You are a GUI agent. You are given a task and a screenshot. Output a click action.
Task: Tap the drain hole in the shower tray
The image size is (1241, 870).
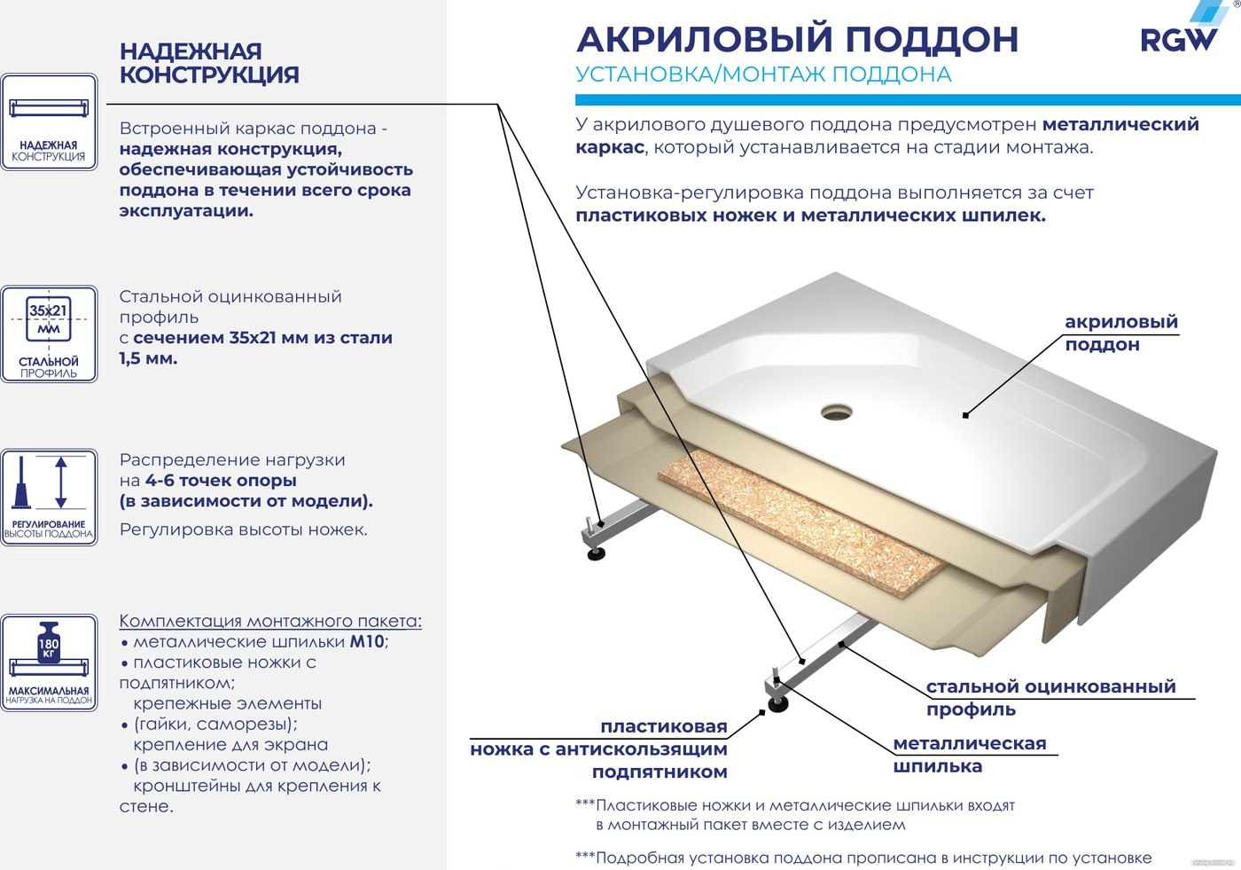coord(836,411)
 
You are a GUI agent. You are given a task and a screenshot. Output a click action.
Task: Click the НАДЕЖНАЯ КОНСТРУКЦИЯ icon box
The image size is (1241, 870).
coord(49,121)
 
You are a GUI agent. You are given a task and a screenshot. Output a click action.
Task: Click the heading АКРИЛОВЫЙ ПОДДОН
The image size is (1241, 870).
coord(797,39)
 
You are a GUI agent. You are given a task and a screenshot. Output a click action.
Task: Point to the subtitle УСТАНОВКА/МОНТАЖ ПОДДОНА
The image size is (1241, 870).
coord(763,74)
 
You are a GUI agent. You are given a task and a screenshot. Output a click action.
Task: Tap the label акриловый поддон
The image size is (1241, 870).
coord(1120,333)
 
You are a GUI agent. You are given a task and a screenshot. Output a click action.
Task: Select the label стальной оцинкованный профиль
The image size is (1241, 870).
coord(1050,697)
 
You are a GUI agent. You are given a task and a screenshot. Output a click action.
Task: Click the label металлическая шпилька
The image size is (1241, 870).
coord(970,754)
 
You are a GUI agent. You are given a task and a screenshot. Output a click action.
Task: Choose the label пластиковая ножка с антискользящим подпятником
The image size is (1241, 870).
coord(599,749)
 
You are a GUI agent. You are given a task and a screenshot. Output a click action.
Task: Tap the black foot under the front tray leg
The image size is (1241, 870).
coord(778,705)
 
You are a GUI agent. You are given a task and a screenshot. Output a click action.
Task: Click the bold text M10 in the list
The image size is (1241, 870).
coord(367,641)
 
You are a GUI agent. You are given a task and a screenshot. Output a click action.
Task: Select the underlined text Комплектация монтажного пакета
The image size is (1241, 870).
coord(270,621)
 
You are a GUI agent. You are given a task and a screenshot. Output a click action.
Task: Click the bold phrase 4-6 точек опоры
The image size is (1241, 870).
coord(221,480)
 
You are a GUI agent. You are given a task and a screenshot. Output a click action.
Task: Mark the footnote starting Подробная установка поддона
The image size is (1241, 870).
coord(863,858)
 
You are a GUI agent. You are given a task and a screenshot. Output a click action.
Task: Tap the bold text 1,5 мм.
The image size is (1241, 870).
coord(148,358)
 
